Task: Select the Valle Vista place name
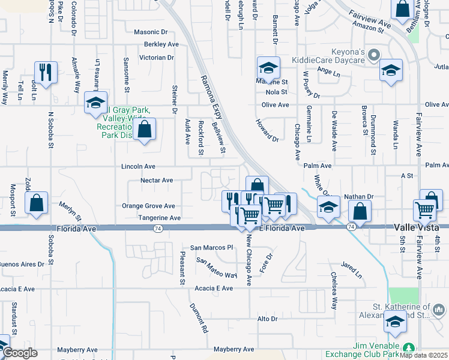click(417, 227)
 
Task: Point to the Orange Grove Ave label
click(148, 206)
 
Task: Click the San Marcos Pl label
click(211, 247)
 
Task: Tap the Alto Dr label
click(267, 319)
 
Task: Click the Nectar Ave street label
click(156, 180)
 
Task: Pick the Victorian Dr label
click(156, 58)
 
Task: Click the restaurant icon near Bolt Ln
click(46, 71)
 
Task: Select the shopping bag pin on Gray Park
click(144, 129)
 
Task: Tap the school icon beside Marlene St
click(268, 67)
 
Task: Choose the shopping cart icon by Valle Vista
click(424, 210)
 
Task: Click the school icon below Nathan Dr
click(328, 208)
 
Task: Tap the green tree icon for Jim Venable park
click(409, 348)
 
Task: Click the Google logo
click(20, 353)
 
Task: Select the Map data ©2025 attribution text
click(423, 355)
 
